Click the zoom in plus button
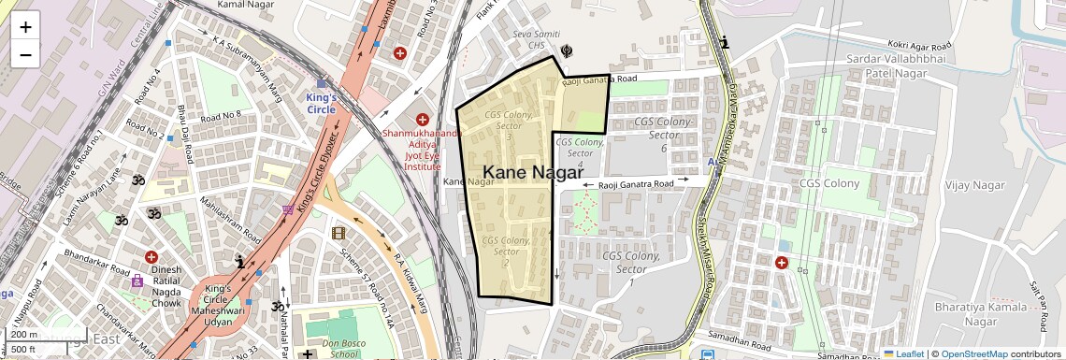pyautogui.click(x=25, y=27)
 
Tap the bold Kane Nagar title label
pyautogui.click(x=533, y=172)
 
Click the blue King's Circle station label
pyautogui.click(x=322, y=103)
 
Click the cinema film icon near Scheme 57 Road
pyautogui.click(x=338, y=233)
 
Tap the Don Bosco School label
pyautogui.click(x=343, y=348)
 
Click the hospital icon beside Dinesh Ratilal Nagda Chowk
pyautogui.click(x=151, y=257)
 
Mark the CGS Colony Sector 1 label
pyautogui.click(x=631, y=268)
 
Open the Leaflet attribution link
pyautogui.click(x=903, y=353)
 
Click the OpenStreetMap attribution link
pyautogui.click(x=973, y=353)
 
